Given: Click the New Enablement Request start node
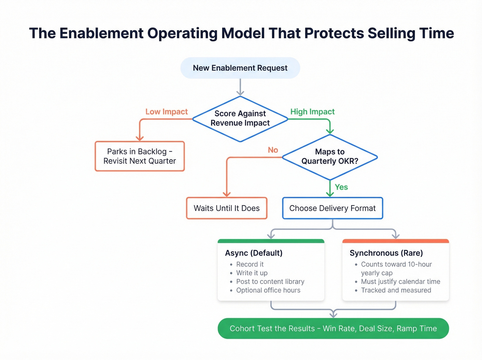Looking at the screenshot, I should tap(240, 68).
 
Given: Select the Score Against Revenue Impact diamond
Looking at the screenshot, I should tap(240, 119).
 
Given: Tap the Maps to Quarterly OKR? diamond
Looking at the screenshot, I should tap(329, 157).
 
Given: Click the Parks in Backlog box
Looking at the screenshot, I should tap(139, 156).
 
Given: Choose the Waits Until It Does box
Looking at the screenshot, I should tap(227, 208).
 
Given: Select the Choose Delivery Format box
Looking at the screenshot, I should tap(332, 208).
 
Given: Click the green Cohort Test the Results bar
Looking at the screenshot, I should tap(333, 328).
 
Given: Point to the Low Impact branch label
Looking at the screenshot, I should tap(166, 112).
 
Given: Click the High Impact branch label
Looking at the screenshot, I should tap(312, 112).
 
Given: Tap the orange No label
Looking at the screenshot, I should tap(273, 150).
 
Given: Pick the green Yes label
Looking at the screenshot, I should tap(341, 187).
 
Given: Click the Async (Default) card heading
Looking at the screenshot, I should tap(254, 253).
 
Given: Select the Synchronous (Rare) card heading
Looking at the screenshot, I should tap(386, 253).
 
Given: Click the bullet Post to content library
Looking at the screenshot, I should tap(270, 281).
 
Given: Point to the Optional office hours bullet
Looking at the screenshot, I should tap(268, 290).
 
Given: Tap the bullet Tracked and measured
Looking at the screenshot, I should tap(396, 290).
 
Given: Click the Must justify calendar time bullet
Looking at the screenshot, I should tap(400, 281).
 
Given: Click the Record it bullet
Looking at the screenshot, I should tap(250, 264).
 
